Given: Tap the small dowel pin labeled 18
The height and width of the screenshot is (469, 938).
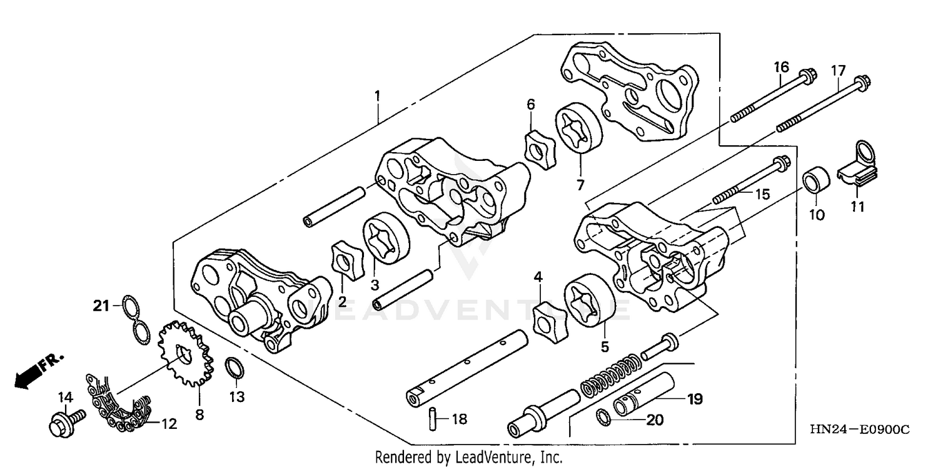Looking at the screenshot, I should pyautogui.click(x=431, y=418).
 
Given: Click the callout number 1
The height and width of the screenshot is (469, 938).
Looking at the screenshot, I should pyautogui.click(x=377, y=96).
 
